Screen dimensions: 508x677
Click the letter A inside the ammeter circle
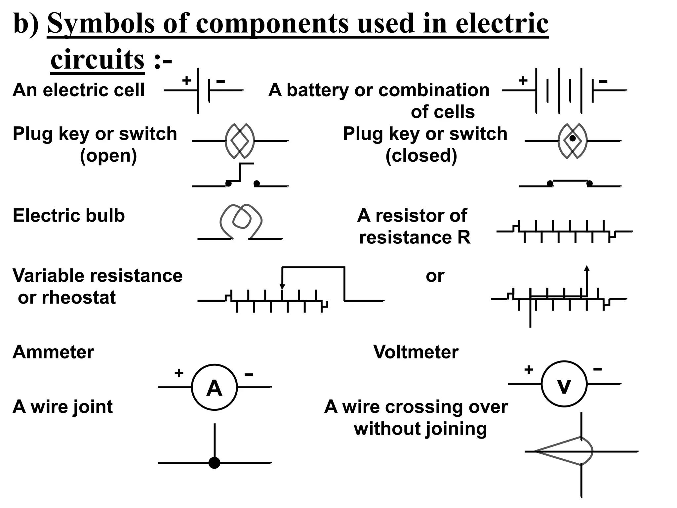pos(214,388)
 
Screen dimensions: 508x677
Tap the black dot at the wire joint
pos(214,462)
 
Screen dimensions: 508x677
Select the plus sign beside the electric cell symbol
pos(187,80)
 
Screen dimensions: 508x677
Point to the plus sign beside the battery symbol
pos(523,80)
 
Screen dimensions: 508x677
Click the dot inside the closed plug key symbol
pos(572,139)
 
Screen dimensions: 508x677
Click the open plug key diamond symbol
pos(240,141)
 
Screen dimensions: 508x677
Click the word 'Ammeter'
pos(53,352)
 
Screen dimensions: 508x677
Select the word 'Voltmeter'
pos(416,352)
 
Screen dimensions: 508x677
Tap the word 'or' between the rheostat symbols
pos(435,276)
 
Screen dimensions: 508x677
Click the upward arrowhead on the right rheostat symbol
pos(587,269)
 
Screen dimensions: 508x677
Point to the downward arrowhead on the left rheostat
pos(282,286)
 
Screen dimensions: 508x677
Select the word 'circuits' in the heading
pos(98,60)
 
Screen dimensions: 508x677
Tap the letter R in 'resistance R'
pos(464,237)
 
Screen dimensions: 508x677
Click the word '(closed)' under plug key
pos(421,155)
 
